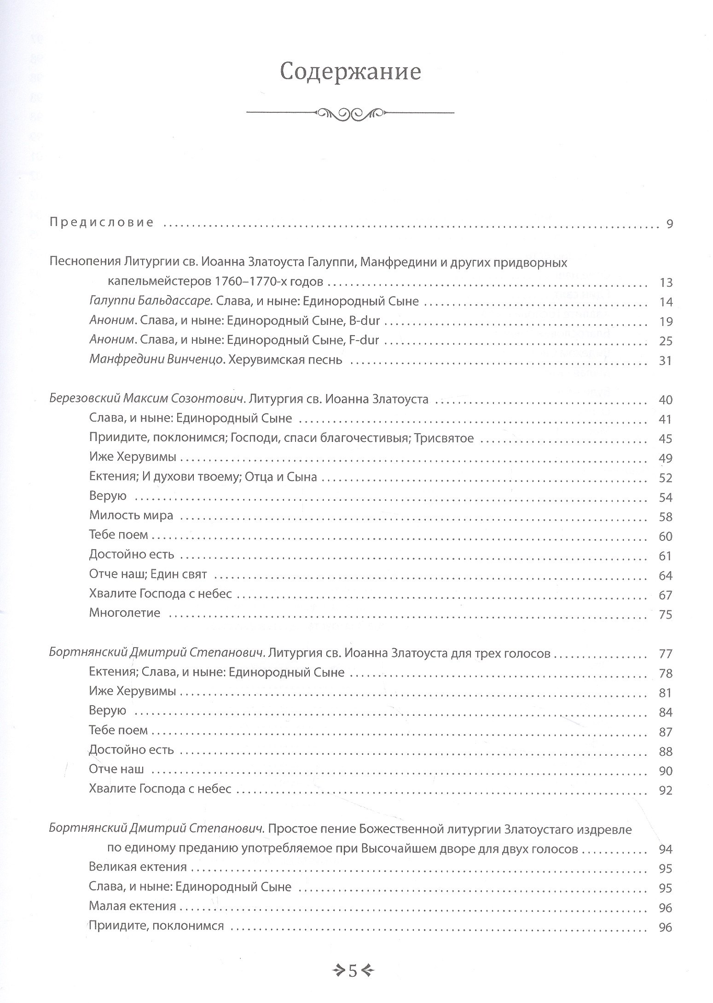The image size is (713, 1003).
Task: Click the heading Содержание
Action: click(350, 72)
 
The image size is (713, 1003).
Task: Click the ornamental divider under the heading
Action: click(350, 112)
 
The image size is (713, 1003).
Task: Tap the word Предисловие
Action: click(101, 223)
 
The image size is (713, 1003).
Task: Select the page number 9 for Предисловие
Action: click(669, 224)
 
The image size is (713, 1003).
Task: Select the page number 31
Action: click(666, 360)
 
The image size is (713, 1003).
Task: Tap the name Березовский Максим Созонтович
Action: click(146, 399)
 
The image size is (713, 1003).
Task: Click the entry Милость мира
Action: click(131, 515)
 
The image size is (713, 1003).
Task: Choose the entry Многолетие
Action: click(125, 613)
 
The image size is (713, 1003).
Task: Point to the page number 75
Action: click(666, 615)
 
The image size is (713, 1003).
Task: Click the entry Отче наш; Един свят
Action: click(148, 574)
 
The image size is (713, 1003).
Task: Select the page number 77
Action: click(666, 654)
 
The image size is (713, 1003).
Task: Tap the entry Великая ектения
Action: click(138, 867)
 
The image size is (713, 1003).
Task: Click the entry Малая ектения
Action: click(133, 906)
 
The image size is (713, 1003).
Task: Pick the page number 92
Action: click(666, 790)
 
